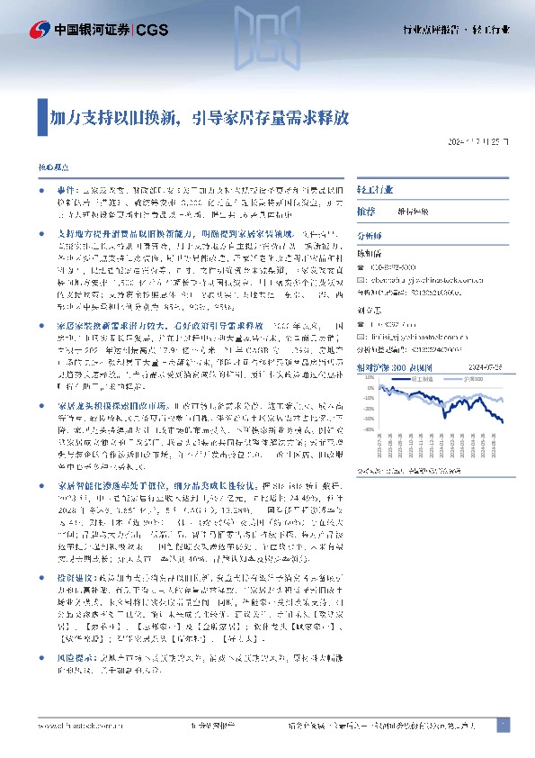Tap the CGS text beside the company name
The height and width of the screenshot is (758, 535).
(x=150, y=31)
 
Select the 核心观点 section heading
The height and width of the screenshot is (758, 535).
(x=52, y=168)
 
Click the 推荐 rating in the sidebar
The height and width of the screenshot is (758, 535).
(x=366, y=211)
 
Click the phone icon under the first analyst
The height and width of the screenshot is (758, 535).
(x=361, y=267)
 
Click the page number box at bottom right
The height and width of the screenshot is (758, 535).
(x=504, y=726)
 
